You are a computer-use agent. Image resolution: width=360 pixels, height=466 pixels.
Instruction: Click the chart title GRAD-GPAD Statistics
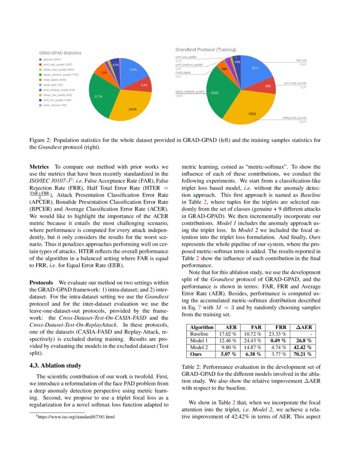[x=60, y=53]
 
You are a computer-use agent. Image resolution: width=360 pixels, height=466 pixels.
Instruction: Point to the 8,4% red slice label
[x=144, y=86]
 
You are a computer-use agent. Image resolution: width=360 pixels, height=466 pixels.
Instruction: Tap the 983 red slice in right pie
[x=268, y=86]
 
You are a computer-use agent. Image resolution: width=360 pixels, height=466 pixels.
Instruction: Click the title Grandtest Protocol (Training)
[x=206, y=50]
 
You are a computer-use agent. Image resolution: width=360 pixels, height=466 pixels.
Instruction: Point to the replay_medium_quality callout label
[x=190, y=92]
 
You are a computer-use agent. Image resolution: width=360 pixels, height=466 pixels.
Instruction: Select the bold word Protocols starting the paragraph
[x=41, y=282]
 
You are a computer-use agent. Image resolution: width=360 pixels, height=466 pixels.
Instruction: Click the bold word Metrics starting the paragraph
[x=39, y=167]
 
